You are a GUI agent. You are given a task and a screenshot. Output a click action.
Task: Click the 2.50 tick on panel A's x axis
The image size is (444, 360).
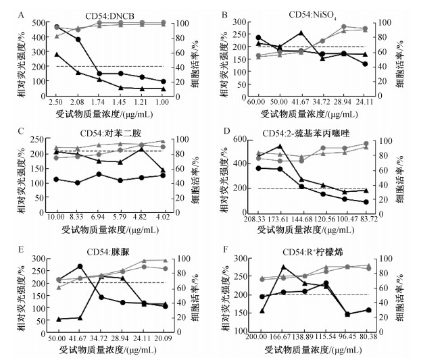point(57,101)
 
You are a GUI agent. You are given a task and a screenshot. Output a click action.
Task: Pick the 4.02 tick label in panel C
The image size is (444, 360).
point(163,217)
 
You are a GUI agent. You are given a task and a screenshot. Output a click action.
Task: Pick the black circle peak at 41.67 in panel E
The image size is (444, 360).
point(80,267)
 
